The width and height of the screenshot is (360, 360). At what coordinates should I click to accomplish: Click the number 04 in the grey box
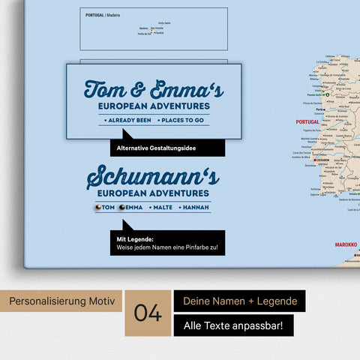(x=149, y=313)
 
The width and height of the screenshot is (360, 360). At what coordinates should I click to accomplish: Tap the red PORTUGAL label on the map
(x=307, y=121)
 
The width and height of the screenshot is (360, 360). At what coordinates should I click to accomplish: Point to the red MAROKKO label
(x=346, y=244)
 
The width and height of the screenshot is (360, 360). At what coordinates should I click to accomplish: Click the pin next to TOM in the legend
(x=97, y=208)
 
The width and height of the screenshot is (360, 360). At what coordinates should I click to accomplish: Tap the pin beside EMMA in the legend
(x=122, y=208)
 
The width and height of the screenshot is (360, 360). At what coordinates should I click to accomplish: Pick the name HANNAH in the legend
(x=196, y=208)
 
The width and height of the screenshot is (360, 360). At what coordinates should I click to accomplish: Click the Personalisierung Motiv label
(x=62, y=301)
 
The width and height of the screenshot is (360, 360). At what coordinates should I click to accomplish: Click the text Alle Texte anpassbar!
(x=233, y=326)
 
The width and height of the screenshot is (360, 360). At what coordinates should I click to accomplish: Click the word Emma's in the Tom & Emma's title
(x=187, y=89)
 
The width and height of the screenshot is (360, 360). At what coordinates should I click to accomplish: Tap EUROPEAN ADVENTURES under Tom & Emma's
(x=154, y=106)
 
